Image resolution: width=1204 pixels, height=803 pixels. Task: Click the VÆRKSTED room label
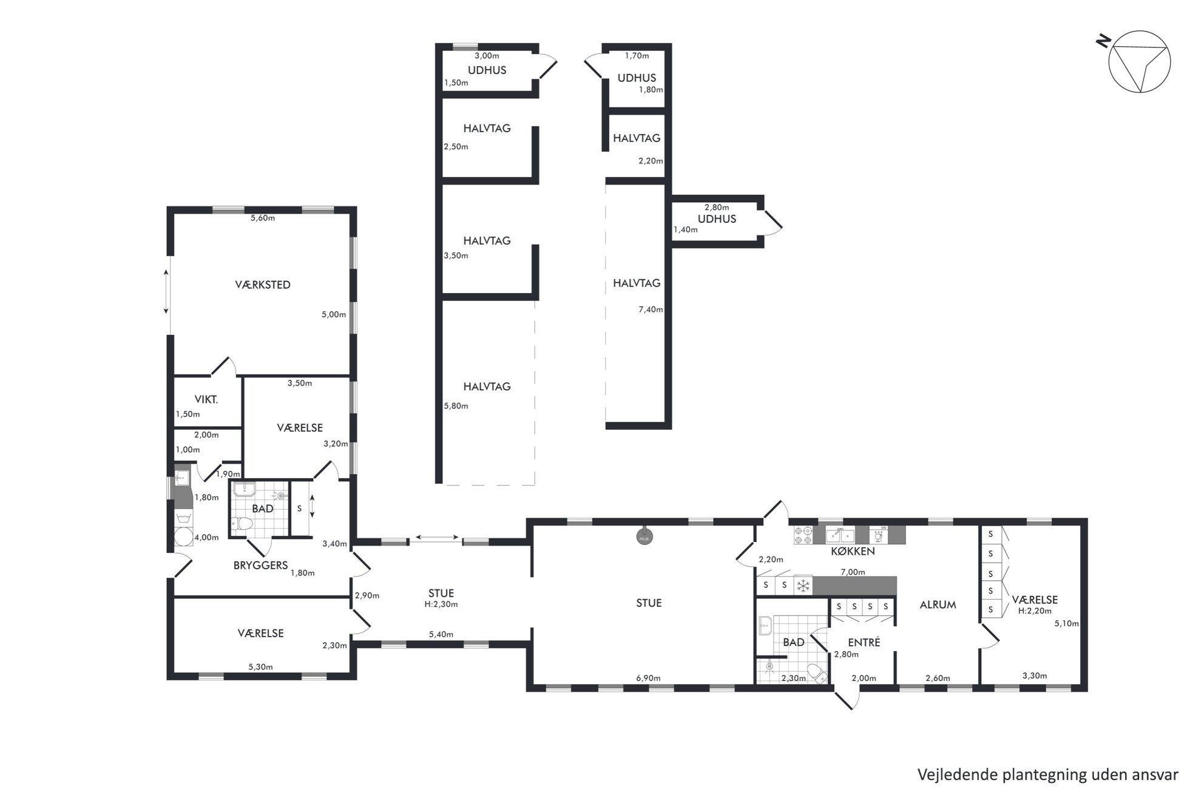tap(263, 285)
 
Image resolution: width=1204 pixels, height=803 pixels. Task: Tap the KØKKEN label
tap(853, 551)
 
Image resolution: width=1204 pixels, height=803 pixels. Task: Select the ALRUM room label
tap(938, 605)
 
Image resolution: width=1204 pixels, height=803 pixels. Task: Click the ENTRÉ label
tap(864, 642)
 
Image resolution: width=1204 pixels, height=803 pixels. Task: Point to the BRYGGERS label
tap(260, 565)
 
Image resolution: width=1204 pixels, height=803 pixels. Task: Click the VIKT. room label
tap(206, 399)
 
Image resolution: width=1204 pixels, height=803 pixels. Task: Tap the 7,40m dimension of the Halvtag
tap(651, 310)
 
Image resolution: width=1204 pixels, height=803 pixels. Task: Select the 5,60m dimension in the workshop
tap(263, 218)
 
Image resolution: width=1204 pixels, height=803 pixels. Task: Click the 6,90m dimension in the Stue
tap(648, 678)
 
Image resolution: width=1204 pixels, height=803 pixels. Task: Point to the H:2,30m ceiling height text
tap(441, 604)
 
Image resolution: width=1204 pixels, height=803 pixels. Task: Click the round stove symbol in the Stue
tap(644, 537)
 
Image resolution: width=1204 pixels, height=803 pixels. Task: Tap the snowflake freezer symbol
tap(803, 586)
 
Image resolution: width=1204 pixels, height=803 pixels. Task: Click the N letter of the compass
tap(1104, 41)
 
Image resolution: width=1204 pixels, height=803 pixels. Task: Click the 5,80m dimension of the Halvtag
tap(456, 406)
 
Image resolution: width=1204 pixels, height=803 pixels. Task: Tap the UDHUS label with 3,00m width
tap(487, 70)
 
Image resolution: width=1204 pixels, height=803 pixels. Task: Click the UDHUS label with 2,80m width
tap(717, 219)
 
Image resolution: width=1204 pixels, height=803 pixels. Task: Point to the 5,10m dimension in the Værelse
tap(1066, 623)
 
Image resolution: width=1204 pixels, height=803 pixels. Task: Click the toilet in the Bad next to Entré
tap(816, 673)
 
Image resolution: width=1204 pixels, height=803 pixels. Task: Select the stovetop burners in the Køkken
tap(803, 535)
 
